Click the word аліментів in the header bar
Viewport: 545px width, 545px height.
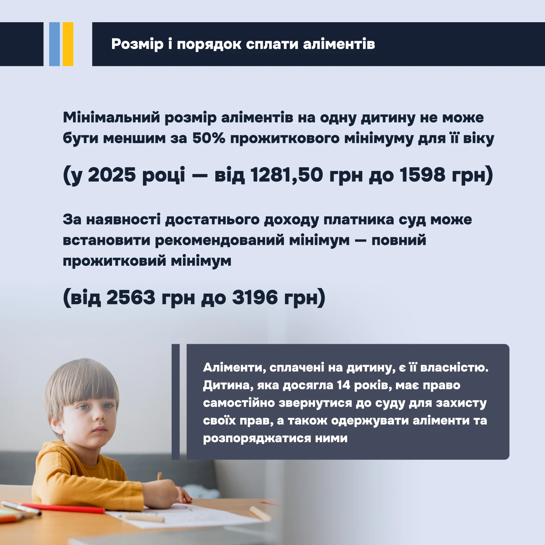tap(339, 44)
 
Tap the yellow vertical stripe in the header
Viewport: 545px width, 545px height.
tap(68, 44)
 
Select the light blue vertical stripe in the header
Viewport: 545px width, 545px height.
tap(54, 44)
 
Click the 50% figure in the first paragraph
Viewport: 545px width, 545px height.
tap(209, 138)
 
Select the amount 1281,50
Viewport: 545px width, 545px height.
tap(287, 175)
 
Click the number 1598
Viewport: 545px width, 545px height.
tap(422, 175)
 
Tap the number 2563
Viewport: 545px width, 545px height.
tap(131, 297)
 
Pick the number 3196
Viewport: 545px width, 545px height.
tap(255, 297)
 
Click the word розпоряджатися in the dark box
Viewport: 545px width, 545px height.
tap(257, 438)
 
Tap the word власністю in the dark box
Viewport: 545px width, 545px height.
tap(454, 367)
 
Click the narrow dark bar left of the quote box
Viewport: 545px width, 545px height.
tap(176, 402)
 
